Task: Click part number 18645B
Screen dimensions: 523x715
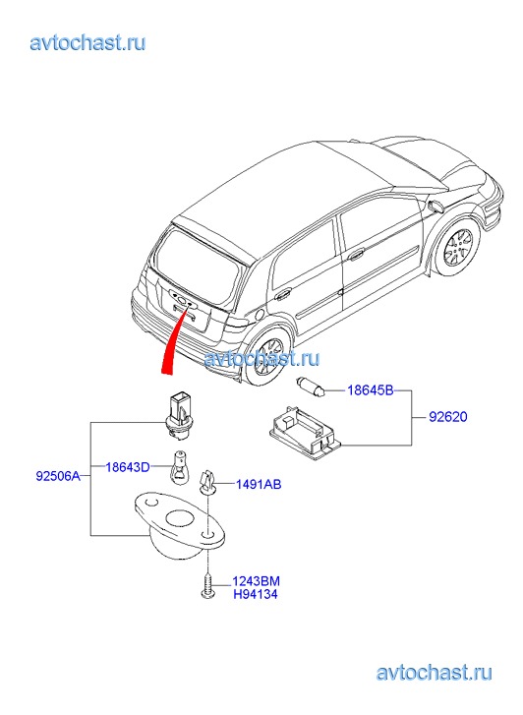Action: click(370, 390)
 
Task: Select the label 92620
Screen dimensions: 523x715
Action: click(447, 417)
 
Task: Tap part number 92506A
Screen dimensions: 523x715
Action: click(58, 477)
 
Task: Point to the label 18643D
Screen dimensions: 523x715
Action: click(128, 467)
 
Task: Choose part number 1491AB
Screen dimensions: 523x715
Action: click(259, 484)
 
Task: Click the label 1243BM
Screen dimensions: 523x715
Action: click(257, 581)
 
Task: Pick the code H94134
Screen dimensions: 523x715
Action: click(256, 594)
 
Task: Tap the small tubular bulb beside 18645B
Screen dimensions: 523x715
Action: click(311, 386)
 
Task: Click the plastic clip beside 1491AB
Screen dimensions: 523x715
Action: click(207, 482)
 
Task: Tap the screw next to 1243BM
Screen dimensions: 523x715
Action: click(207, 586)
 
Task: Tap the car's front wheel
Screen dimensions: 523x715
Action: click(457, 247)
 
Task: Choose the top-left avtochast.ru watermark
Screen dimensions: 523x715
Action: click(88, 43)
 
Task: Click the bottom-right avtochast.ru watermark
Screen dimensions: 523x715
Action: click(435, 673)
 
